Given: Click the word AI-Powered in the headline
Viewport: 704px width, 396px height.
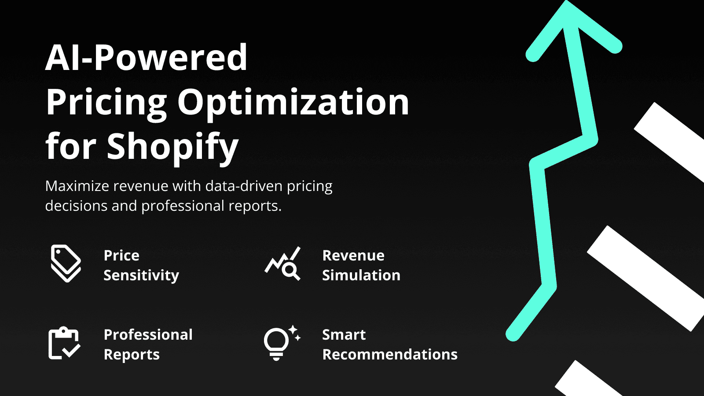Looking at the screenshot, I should point(146,58).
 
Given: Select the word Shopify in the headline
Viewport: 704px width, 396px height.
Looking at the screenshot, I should point(172,147).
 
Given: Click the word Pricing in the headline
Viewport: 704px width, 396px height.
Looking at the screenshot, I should point(106,103).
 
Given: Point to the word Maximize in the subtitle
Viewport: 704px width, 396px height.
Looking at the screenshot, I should point(77,186).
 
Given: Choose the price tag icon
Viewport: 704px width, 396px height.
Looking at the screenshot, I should point(66,263).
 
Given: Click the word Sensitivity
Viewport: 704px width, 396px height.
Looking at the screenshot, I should point(141,275).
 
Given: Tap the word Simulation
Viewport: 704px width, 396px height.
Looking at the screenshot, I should point(361,275).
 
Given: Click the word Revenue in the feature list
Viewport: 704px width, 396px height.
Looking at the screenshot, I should point(353,256).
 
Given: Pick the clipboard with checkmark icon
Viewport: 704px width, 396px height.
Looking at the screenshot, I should point(64,343).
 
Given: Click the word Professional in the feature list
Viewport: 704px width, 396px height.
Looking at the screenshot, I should point(148,335).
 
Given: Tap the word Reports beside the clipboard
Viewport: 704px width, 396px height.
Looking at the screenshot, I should point(132,355).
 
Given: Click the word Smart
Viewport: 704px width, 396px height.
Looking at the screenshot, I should point(344,335).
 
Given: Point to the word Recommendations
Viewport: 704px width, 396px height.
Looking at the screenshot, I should point(390,355).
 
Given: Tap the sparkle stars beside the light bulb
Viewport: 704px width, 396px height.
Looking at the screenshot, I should point(294,333).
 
